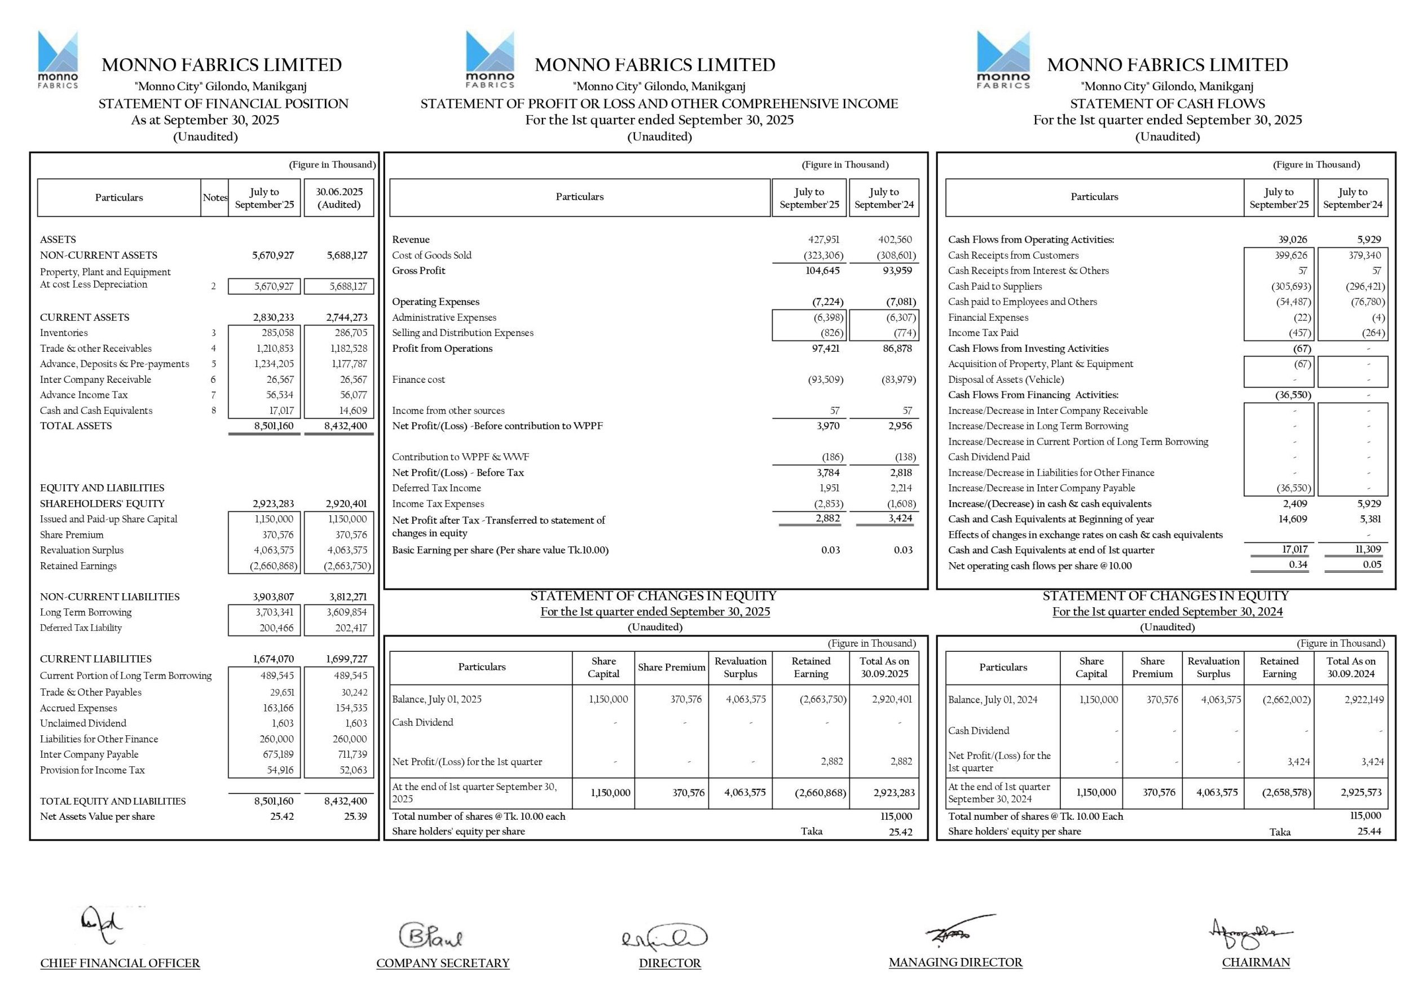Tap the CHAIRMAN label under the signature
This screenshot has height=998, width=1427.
(1256, 962)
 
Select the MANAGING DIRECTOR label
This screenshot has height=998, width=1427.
(955, 962)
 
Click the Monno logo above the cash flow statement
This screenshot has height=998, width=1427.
(1002, 60)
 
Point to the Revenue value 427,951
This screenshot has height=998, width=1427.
(824, 240)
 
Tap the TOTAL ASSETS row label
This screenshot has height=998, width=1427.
(76, 426)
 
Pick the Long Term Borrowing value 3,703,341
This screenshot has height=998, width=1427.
(274, 613)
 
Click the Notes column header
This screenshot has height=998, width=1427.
(215, 197)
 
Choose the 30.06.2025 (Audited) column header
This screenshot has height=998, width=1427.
(339, 197)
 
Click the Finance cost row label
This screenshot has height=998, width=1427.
(419, 379)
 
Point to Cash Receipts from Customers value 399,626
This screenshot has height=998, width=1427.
(1291, 255)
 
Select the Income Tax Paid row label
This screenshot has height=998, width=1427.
(983, 333)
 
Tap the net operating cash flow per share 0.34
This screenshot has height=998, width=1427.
(1298, 565)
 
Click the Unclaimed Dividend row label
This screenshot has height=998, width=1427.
(83, 723)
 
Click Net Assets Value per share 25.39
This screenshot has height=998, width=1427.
(355, 816)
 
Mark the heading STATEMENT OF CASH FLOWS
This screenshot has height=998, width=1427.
(1167, 104)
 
